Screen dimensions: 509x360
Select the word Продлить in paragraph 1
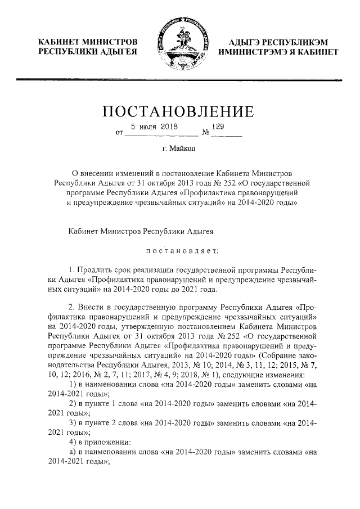97,270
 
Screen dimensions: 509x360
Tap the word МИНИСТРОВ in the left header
111,42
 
